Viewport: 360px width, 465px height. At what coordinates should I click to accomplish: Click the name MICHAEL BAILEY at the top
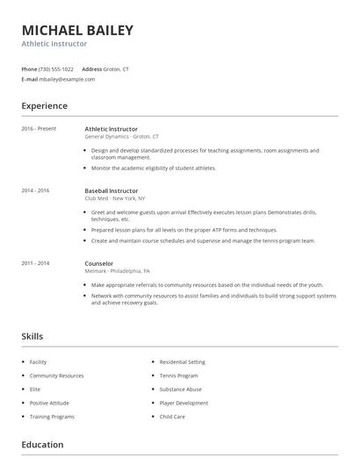(x=77, y=31)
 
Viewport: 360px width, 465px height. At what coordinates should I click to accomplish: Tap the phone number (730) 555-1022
(x=57, y=68)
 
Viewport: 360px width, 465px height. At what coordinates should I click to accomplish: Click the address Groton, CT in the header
(x=117, y=68)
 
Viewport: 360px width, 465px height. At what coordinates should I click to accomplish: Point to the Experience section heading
(x=44, y=106)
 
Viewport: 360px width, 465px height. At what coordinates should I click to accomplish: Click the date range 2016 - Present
(x=39, y=129)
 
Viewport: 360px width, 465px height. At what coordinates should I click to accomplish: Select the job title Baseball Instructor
(x=112, y=190)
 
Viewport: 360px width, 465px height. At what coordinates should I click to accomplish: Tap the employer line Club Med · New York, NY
(x=117, y=198)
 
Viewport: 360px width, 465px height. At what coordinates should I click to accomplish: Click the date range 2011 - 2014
(x=36, y=262)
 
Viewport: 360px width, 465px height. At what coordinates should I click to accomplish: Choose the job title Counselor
(x=99, y=263)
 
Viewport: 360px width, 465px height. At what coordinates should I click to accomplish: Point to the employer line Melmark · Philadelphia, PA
(x=118, y=271)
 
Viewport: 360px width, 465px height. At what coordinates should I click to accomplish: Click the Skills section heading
(x=32, y=336)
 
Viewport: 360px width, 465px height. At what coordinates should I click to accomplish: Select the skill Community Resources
(x=56, y=376)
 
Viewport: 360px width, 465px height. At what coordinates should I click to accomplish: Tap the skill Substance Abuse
(x=180, y=389)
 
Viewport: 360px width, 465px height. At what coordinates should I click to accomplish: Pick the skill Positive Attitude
(x=51, y=403)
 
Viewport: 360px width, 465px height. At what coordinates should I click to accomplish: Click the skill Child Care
(x=172, y=417)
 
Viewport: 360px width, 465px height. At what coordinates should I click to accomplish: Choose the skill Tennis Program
(x=178, y=376)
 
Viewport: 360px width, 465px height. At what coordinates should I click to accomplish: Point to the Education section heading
(x=42, y=445)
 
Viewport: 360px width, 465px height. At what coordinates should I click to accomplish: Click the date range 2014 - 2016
(x=36, y=190)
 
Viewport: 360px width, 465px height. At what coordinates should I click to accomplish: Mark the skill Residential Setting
(x=182, y=361)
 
